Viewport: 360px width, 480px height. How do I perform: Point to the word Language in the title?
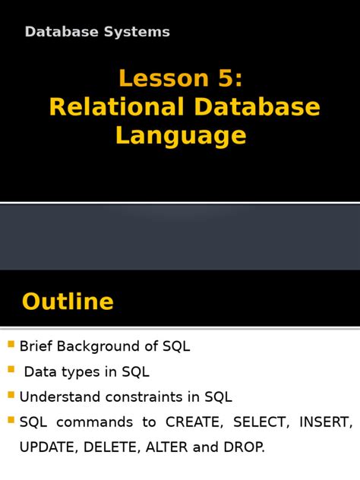click(x=181, y=135)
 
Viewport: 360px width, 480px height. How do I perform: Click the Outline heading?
click(x=68, y=302)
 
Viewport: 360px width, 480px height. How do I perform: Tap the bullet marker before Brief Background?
click(x=11, y=345)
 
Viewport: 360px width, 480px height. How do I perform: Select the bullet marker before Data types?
click(x=11, y=370)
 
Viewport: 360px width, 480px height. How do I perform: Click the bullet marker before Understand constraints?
click(x=11, y=395)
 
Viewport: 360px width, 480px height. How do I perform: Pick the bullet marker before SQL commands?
click(x=11, y=420)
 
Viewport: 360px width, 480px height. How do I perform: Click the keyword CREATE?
click(x=192, y=422)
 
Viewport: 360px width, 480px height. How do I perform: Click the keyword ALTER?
click(x=167, y=447)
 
